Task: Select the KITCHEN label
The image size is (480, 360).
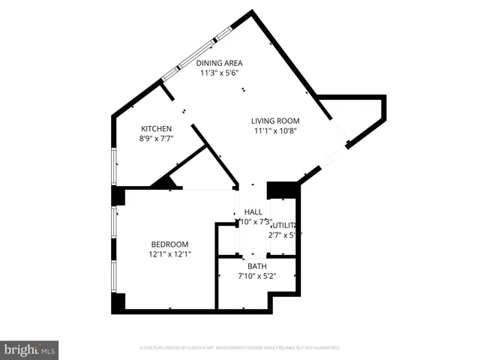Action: (156, 129)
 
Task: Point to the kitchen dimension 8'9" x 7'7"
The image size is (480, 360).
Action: (156, 139)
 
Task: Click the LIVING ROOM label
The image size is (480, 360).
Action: (275, 121)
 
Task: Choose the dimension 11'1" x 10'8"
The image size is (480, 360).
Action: (275, 130)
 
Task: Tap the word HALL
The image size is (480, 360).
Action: (253, 212)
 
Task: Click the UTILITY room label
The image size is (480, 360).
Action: (285, 225)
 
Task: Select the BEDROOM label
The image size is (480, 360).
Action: (169, 244)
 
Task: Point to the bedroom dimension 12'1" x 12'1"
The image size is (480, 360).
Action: (169, 254)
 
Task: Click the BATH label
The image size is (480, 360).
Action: (256, 266)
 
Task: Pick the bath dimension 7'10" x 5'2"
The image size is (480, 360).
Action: (256, 276)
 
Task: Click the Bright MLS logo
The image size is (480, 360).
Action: (29, 349)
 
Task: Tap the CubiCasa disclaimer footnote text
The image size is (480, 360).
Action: (240, 348)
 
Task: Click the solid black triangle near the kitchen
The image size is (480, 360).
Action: (165, 181)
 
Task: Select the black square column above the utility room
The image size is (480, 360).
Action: (282, 190)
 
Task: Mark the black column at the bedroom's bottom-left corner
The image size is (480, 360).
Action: (118, 302)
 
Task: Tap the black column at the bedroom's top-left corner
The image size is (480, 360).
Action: (118, 196)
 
